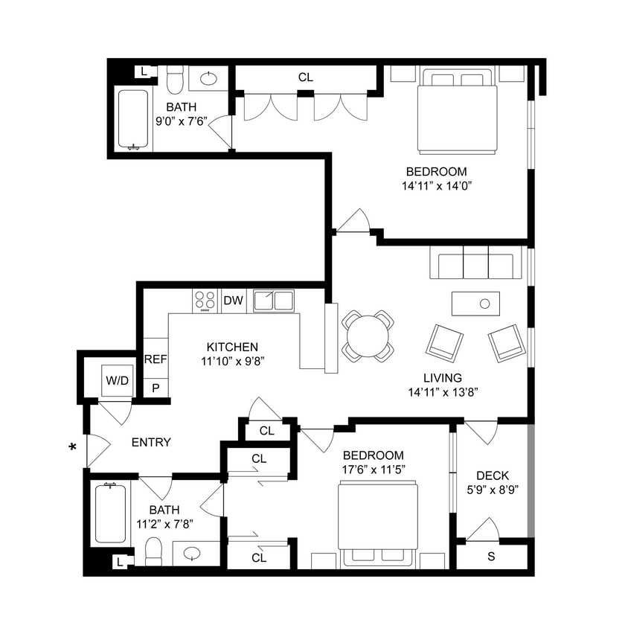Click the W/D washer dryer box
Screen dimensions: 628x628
[x=117, y=381]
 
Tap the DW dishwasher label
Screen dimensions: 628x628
[x=234, y=301]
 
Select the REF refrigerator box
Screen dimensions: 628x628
[x=156, y=359]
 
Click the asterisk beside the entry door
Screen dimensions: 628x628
[x=72, y=447]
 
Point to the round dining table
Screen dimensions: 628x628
[x=368, y=336]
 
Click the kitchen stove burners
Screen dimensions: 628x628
[x=205, y=301]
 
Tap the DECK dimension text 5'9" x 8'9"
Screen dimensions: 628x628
[x=492, y=490]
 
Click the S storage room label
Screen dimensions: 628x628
[x=490, y=557]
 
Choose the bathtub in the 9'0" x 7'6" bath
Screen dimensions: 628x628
[x=134, y=119]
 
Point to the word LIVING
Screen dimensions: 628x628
[x=445, y=377]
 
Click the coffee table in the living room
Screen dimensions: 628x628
[x=475, y=304]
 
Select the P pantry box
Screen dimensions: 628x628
[x=156, y=388]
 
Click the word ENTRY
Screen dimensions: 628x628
[x=151, y=442]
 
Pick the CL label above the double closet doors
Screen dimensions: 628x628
[x=306, y=76]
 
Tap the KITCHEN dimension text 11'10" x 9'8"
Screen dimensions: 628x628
[x=232, y=361]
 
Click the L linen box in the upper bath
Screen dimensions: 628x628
[x=144, y=71]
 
